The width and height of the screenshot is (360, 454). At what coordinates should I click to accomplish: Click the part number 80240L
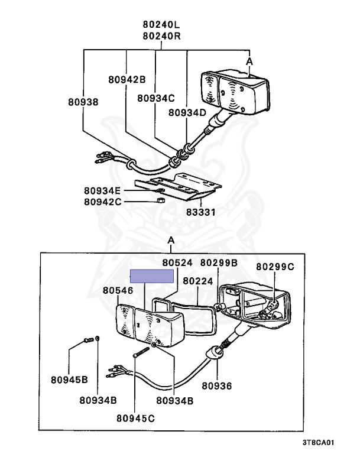pyautogui.click(x=161, y=25)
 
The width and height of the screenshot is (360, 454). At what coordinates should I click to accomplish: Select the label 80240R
pyautogui.click(x=161, y=35)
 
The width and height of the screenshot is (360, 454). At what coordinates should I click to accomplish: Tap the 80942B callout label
pyautogui.click(x=127, y=79)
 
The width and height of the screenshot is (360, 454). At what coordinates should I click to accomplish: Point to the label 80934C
pyautogui.click(x=156, y=99)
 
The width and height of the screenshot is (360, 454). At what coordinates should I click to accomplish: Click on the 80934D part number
pyautogui.click(x=187, y=112)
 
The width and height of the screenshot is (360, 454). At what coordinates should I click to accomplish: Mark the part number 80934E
pyautogui.click(x=102, y=190)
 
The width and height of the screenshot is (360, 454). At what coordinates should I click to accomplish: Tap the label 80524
pyautogui.click(x=177, y=262)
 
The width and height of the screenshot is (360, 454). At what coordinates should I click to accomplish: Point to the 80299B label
pyautogui.click(x=219, y=262)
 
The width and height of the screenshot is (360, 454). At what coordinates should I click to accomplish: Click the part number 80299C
pyautogui.click(x=274, y=267)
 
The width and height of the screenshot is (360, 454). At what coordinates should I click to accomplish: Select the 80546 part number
pyautogui.click(x=118, y=290)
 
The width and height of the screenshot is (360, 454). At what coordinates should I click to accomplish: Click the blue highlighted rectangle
pyautogui.click(x=153, y=276)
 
